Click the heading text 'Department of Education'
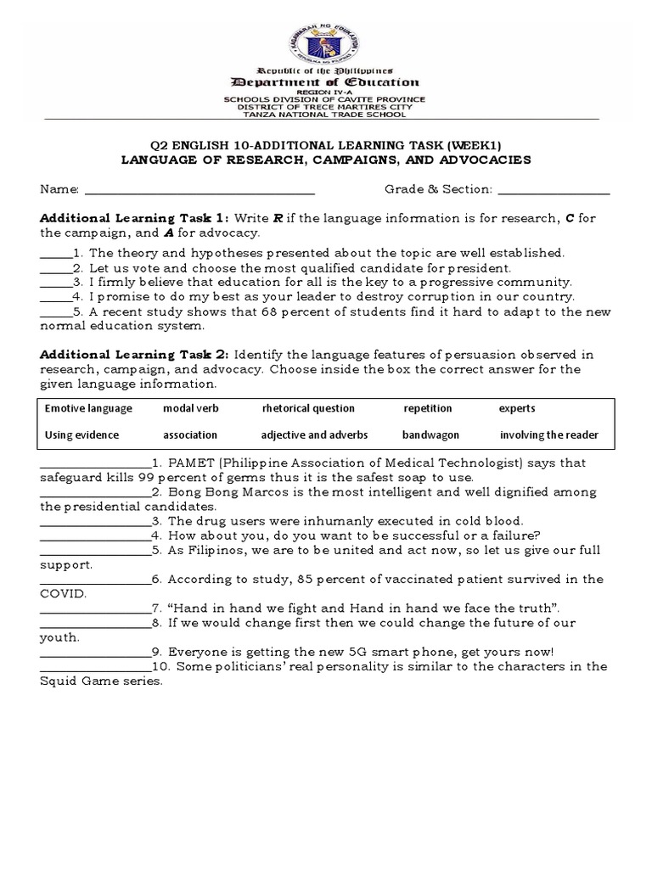click(325, 82)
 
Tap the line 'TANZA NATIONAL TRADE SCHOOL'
click(325, 113)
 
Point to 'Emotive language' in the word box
click(88, 408)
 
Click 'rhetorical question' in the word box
click(308, 408)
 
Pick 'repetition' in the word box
click(428, 408)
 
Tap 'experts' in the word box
click(517, 408)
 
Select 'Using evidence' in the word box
click(81, 435)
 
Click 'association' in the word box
click(190, 435)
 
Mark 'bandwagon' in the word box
click(430, 435)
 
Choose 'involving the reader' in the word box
click(548, 435)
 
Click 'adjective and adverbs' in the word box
click(314, 435)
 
